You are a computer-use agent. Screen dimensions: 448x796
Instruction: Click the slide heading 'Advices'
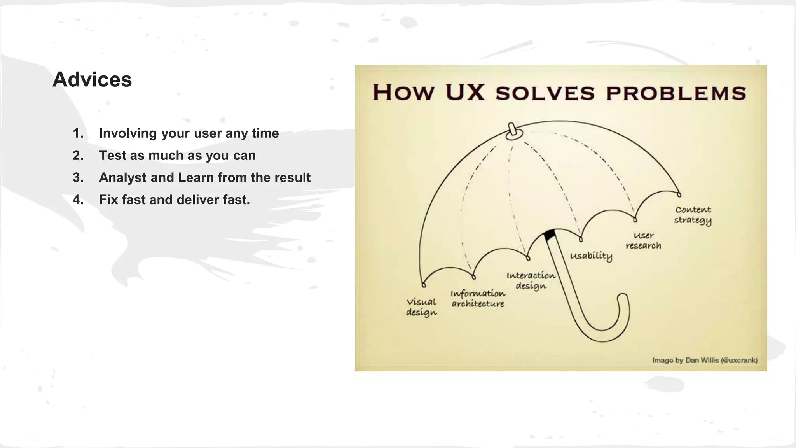pyautogui.click(x=92, y=79)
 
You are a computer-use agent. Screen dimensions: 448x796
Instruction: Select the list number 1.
pyautogui.click(x=77, y=133)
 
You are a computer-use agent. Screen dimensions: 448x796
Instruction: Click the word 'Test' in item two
pyautogui.click(x=112, y=156)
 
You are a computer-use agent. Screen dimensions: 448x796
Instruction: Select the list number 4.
pyautogui.click(x=78, y=200)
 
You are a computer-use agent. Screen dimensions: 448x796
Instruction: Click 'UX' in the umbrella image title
pyautogui.click(x=465, y=93)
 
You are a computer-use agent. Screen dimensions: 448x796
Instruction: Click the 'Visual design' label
pyautogui.click(x=421, y=307)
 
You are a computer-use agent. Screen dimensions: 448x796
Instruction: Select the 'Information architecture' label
pyautogui.click(x=478, y=299)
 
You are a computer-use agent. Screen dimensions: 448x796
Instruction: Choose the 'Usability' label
pyautogui.click(x=591, y=256)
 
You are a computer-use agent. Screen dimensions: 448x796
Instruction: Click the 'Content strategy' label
pyautogui.click(x=693, y=215)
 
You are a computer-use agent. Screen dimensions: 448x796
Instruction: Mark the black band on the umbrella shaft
pyautogui.click(x=549, y=235)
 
